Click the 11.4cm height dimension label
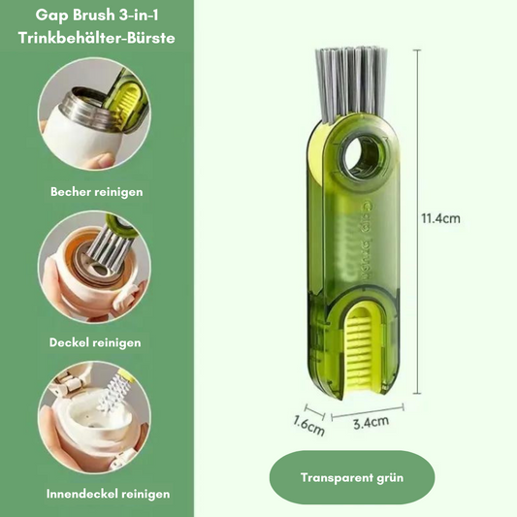[x=440, y=218]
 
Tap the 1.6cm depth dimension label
[x=309, y=426]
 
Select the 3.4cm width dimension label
[x=371, y=422]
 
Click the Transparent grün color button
[x=352, y=477]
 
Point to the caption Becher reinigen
[x=97, y=192]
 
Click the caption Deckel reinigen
[x=95, y=342]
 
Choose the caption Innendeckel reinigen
[x=108, y=494]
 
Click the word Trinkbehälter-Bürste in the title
[x=97, y=38]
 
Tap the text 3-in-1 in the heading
[x=139, y=16]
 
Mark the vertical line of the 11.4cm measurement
[x=417, y=221]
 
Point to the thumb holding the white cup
[x=102, y=160]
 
